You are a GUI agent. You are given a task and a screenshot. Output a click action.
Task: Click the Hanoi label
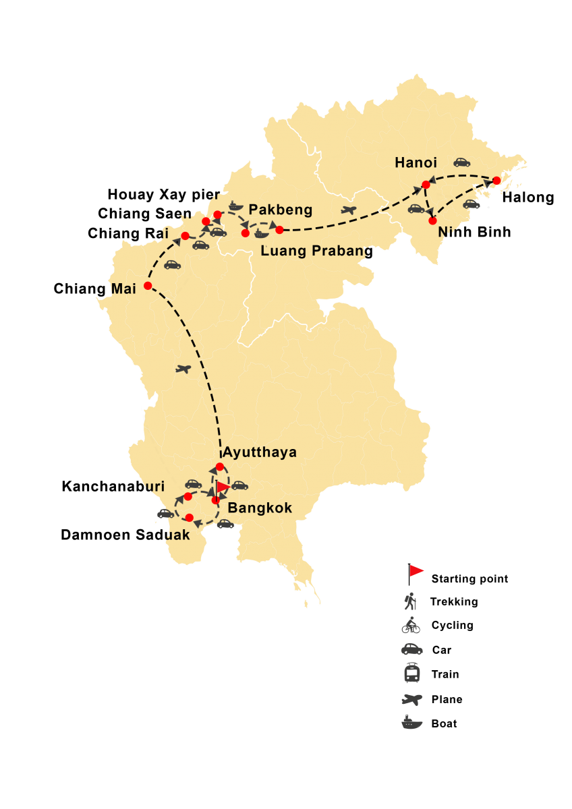pyautogui.click(x=416, y=162)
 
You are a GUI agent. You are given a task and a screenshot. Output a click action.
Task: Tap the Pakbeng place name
pyautogui.click(x=281, y=210)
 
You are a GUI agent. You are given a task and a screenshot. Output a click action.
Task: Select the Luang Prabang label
pyautogui.click(x=316, y=251)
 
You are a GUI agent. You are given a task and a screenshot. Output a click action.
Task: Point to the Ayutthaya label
pyautogui.click(x=260, y=452)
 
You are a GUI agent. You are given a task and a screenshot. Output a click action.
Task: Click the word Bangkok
pyautogui.click(x=260, y=508)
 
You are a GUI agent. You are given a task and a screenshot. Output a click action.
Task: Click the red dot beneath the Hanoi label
pyautogui.click(x=426, y=184)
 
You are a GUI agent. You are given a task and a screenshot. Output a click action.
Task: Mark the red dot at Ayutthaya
pyautogui.click(x=220, y=467)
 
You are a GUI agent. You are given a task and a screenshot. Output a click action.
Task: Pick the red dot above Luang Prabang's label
pyautogui.click(x=279, y=230)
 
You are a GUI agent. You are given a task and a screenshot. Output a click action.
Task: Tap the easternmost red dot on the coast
pyautogui.click(x=496, y=181)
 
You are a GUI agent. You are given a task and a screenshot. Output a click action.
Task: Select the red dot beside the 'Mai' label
pyautogui.click(x=148, y=285)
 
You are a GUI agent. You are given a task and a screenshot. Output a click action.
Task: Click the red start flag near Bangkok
pyautogui.click(x=222, y=487)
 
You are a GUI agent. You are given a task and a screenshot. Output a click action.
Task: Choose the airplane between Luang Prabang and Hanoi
pyautogui.click(x=348, y=210)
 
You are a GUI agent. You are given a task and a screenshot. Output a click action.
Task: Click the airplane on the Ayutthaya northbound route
pyautogui.click(x=183, y=369)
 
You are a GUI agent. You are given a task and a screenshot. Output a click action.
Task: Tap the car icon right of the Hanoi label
pyautogui.click(x=461, y=162)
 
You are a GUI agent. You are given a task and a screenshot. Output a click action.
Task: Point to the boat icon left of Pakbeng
pyautogui.click(x=234, y=205)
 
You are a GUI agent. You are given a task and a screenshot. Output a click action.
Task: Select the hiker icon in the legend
pyautogui.click(x=410, y=601)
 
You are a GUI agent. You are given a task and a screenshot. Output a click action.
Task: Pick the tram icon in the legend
pyautogui.click(x=411, y=673)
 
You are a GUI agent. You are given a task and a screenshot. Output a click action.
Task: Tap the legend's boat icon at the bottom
pyautogui.click(x=411, y=722)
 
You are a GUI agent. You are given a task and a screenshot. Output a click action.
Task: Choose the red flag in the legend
pyautogui.click(x=415, y=572)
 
